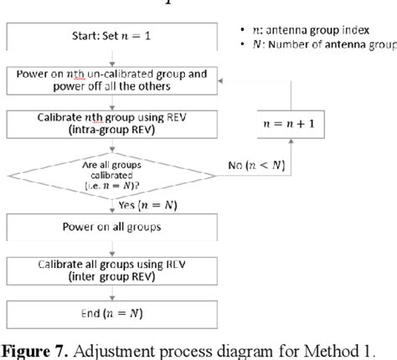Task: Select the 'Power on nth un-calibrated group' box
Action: click(x=111, y=80)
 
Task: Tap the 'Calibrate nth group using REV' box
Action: click(x=111, y=125)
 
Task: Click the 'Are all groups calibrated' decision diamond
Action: click(x=111, y=173)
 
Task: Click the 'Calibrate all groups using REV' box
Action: click(x=111, y=270)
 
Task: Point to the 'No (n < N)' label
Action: click(x=255, y=166)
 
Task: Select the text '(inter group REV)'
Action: click(x=111, y=276)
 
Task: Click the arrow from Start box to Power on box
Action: click(x=111, y=59)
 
